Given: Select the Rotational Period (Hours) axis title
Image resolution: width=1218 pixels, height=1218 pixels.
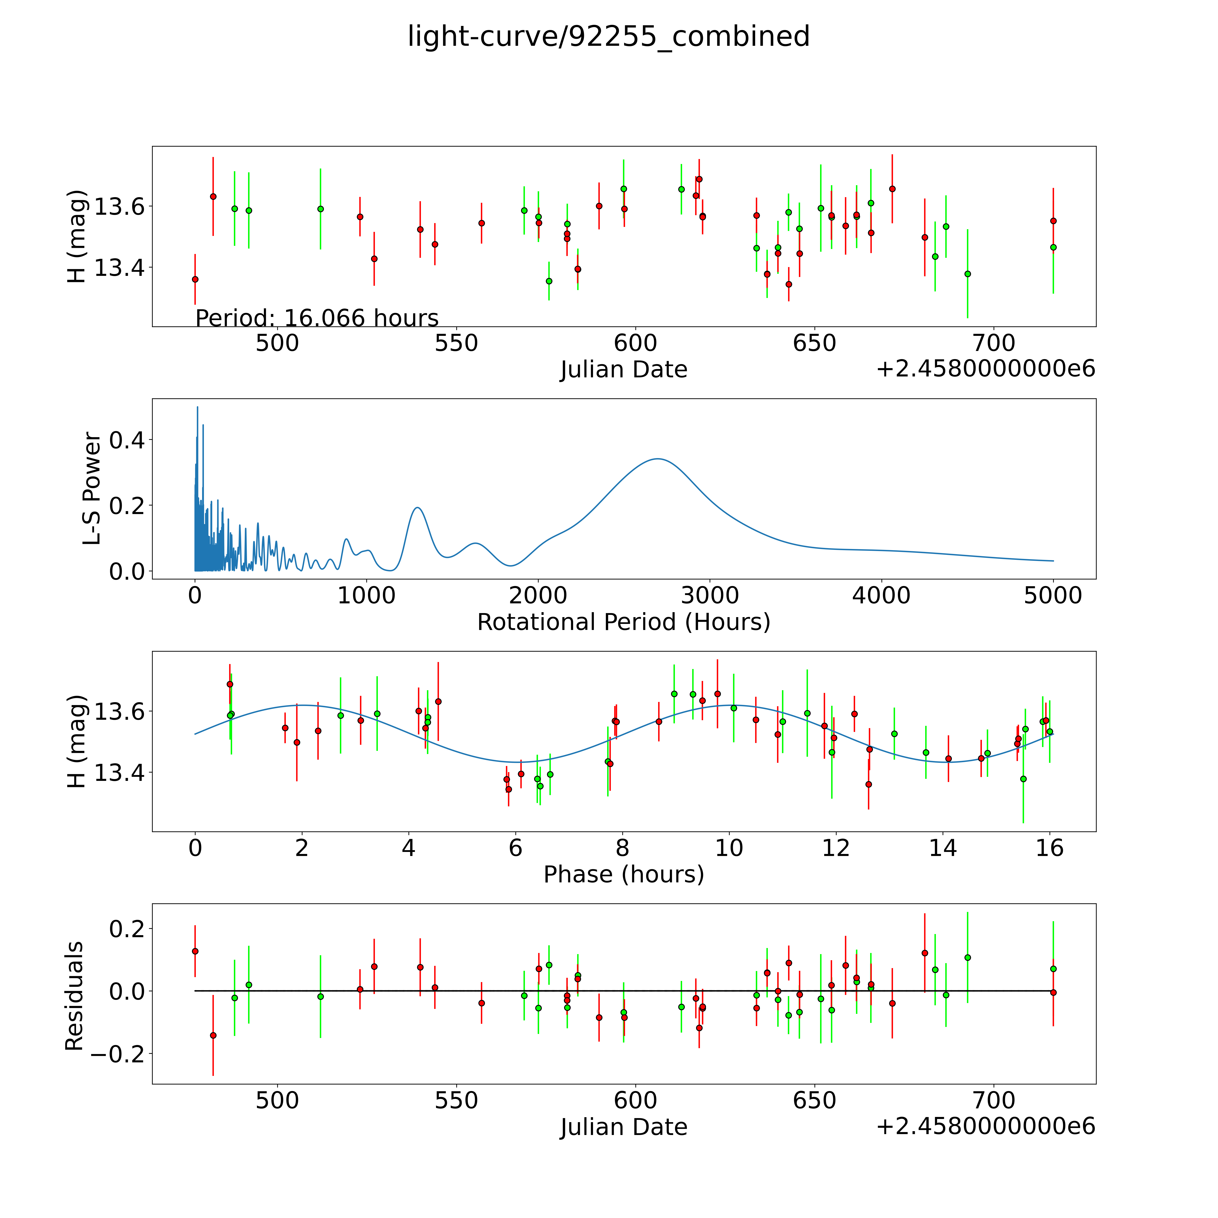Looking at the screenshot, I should coord(623,622).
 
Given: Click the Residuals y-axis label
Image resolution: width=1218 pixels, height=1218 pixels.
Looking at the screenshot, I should coord(74,996).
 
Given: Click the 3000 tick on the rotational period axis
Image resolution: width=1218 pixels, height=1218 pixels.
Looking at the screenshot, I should coord(710,596).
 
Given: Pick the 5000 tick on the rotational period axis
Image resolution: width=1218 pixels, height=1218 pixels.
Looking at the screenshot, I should coord(1053,596).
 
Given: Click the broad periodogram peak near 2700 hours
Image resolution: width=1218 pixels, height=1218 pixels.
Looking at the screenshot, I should coord(657,459).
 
